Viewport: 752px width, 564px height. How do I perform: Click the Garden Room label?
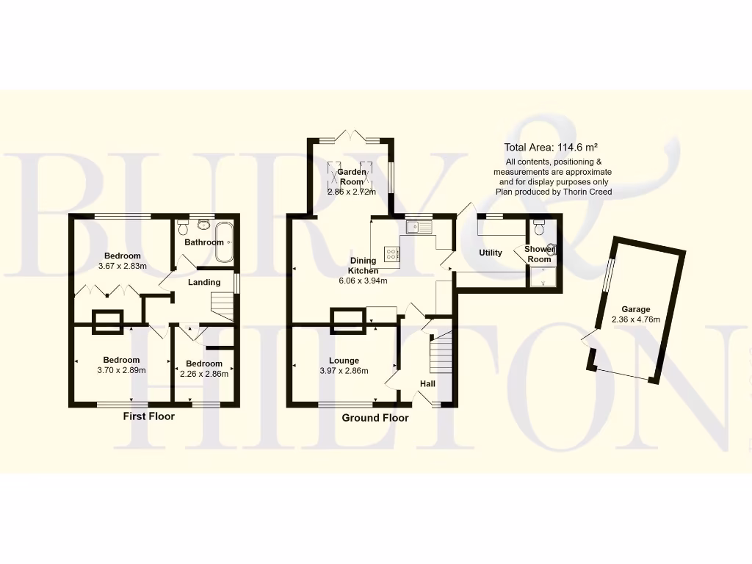point(351,176)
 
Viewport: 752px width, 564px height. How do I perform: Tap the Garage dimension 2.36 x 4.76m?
point(636,319)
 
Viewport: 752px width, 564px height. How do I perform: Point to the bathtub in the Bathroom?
point(225,243)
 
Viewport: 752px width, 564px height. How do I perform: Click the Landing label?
point(204,282)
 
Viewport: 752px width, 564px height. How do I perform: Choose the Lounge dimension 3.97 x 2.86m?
point(344,371)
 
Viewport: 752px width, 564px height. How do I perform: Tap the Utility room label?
point(491,253)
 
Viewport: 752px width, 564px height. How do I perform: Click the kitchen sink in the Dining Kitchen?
point(419,227)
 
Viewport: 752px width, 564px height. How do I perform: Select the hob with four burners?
point(393,254)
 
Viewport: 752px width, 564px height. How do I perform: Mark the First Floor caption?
point(148,416)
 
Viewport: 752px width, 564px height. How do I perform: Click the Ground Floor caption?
point(375,418)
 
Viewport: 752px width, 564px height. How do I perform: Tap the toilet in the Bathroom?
point(184,228)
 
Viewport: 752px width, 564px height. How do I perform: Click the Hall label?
point(427,383)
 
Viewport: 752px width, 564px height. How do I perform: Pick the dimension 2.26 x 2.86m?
point(204,374)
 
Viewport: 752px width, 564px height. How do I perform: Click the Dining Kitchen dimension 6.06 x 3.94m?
point(363,281)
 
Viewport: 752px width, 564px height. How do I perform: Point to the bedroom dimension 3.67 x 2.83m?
point(123,266)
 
